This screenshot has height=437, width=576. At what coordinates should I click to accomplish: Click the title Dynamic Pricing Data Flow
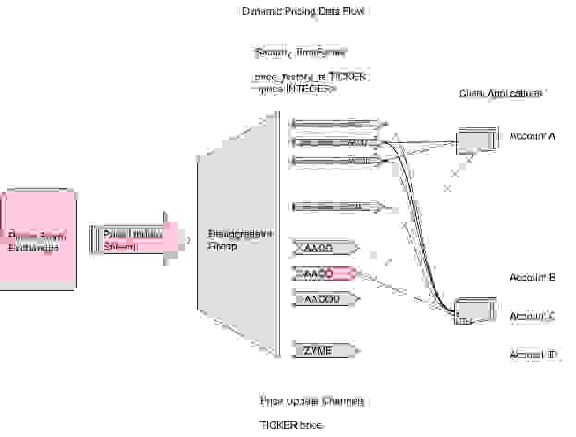(x=304, y=12)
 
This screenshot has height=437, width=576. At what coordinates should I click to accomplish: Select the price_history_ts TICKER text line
(x=311, y=77)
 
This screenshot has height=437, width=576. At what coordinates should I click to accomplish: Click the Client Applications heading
(x=500, y=94)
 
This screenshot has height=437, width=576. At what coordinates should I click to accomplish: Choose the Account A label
(x=533, y=136)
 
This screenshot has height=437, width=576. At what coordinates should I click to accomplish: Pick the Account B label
(x=533, y=277)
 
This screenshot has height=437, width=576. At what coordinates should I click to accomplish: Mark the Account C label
(x=533, y=316)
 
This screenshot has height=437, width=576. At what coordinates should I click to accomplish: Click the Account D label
(x=533, y=355)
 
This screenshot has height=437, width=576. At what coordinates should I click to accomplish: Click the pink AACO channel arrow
(x=324, y=273)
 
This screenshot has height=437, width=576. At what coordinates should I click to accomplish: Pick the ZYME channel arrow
(x=324, y=351)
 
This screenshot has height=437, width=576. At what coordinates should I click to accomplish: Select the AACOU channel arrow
(x=324, y=298)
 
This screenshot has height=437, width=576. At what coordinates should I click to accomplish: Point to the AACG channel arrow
(x=324, y=248)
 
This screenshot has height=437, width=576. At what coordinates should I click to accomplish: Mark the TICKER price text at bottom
(x=289, y=425)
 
